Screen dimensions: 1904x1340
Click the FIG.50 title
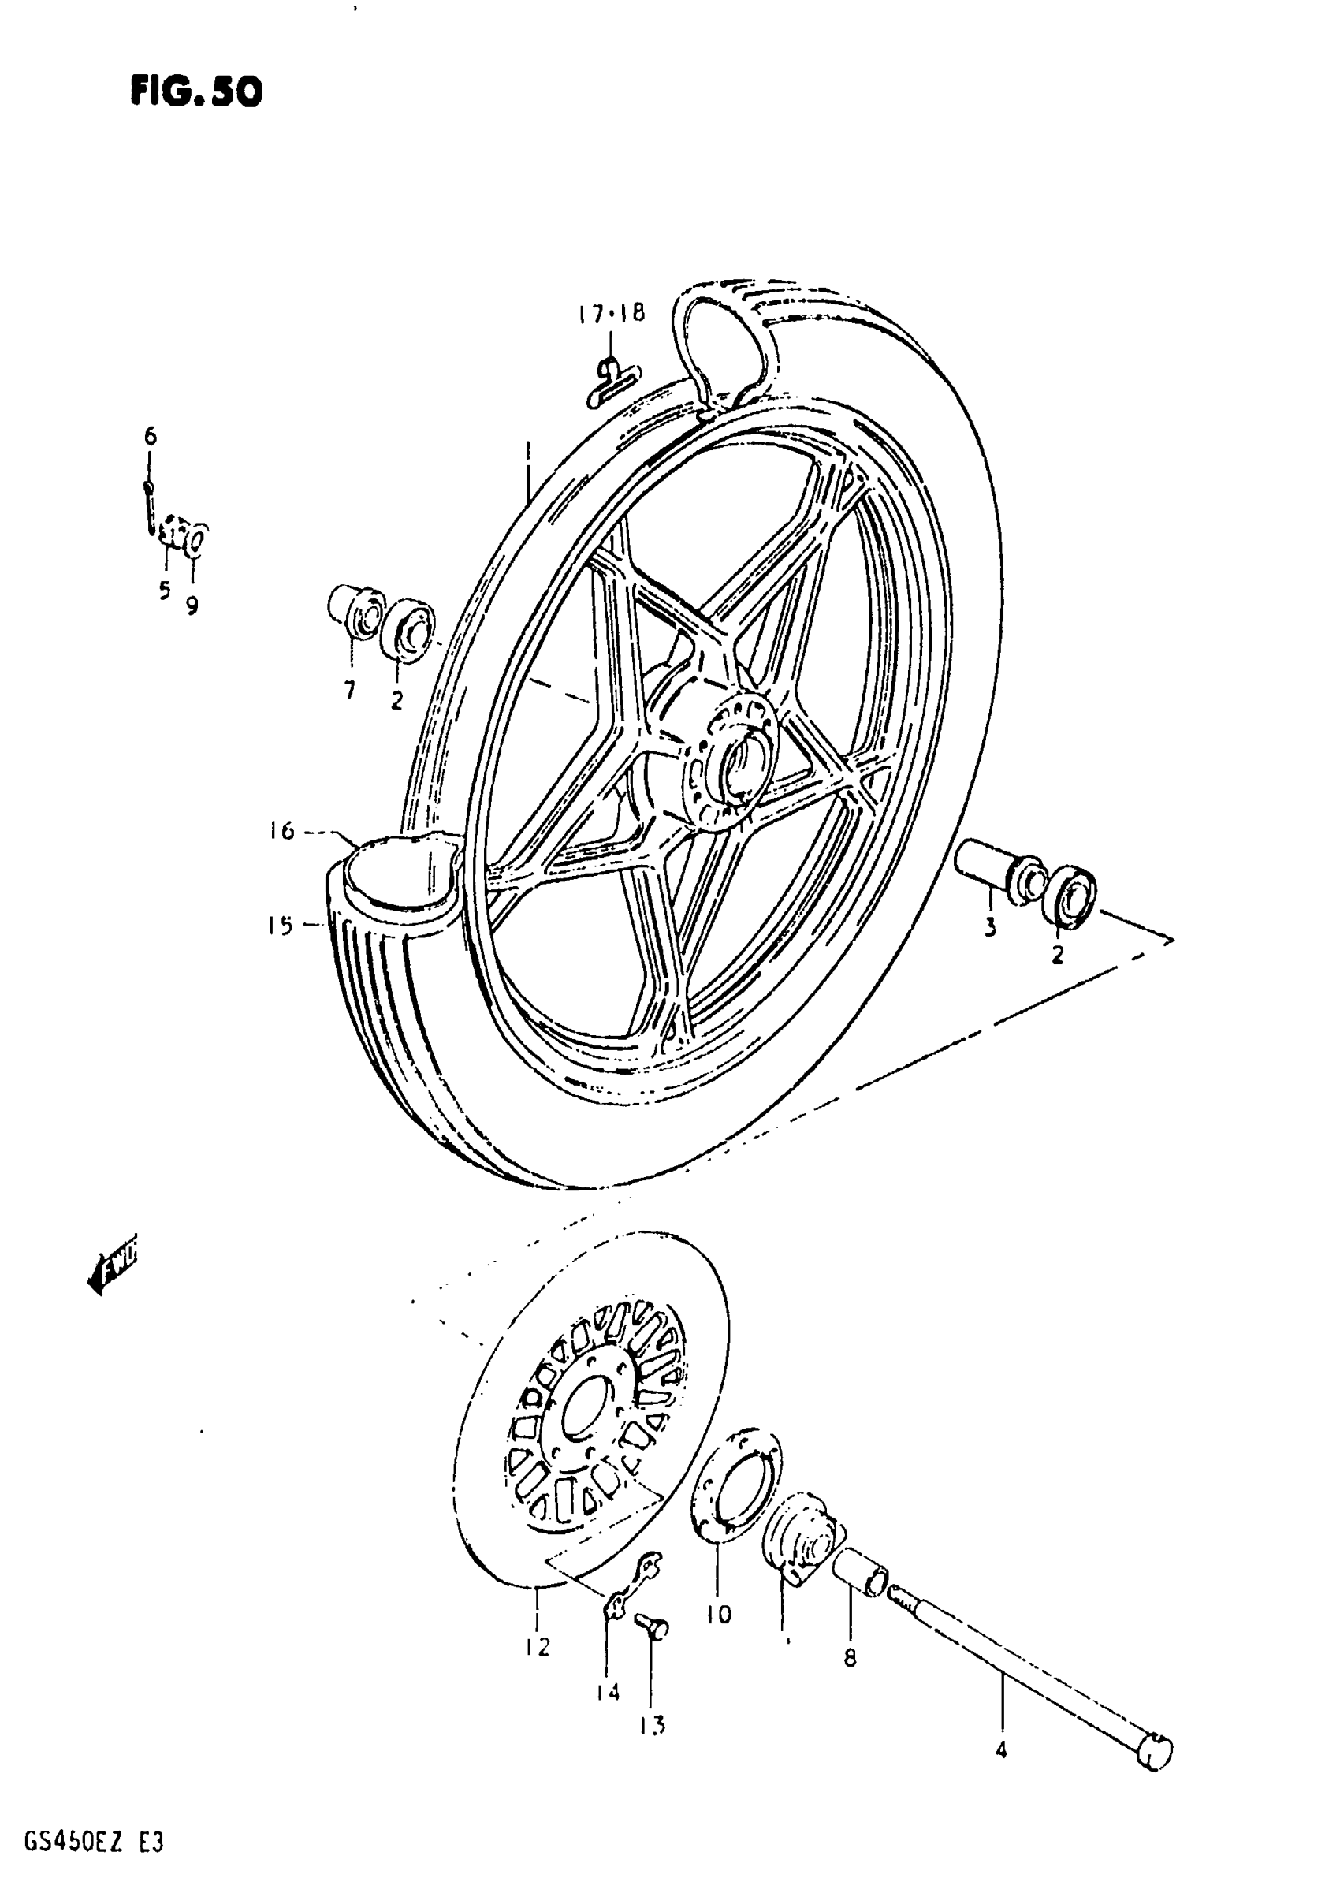click(195, 91)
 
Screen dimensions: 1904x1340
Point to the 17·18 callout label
click(612, 315)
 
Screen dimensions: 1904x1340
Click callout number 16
click(283, 831)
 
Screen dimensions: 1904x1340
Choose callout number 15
click(281, 925)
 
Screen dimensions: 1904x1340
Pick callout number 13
click(652, 1726)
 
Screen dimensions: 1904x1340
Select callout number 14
click(608, 1692)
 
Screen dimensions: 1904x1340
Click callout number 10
click(719, 1614)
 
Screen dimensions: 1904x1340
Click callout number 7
click(350, 689)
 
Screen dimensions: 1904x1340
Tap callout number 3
click(990, 928)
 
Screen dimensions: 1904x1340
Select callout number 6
click(150, 435)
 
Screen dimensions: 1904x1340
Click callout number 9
click(192, 606)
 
